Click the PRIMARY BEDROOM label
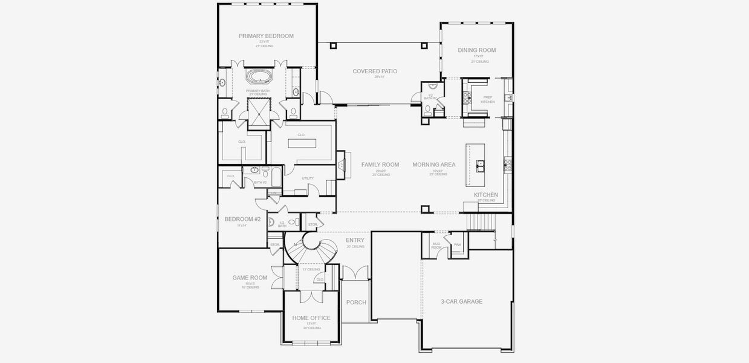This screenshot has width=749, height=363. [x=266, y=36]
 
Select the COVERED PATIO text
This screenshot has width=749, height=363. [x=375, y=71]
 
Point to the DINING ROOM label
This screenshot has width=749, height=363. [x=476, y=50]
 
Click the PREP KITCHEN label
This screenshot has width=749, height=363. [x=487, y=99]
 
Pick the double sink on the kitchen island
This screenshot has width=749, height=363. [x=480, y=164]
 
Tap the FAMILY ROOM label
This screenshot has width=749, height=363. [x=380, y=165]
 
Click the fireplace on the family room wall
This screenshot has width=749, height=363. [x=342, y=164]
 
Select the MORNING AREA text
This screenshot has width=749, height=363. [x=434, y=165]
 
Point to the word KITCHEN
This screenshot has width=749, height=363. [x=486, y=195]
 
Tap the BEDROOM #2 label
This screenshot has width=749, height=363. [x=242, y=219]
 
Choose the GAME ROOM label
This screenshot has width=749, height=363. [x=250, y=278]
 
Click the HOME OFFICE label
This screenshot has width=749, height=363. [x=311, y=318]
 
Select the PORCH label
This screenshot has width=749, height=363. [x=356, y=302]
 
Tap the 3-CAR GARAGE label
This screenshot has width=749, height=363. [x=462, y=301]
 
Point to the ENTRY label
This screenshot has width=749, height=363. [x=355, y=240]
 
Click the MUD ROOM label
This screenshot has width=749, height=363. [x=436, y=246]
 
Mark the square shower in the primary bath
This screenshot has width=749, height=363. [x=259, y=112]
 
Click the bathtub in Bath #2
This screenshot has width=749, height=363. [x=276, y=178]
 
